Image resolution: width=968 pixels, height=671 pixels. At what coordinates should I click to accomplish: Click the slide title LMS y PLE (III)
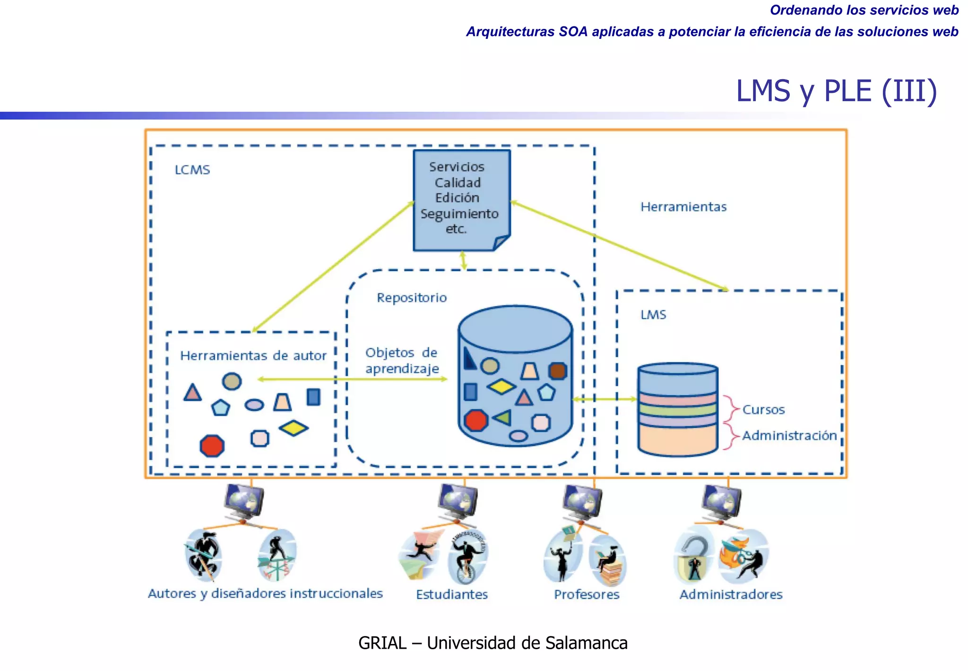coord(836,91)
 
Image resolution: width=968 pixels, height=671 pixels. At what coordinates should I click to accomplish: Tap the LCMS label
coord(192,170)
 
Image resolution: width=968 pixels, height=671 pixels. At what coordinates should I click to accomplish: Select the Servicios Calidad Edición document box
coord(461,199)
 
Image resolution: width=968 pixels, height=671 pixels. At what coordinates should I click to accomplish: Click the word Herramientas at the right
coord(683,207)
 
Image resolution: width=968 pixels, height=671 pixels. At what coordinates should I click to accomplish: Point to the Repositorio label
coord(411,298)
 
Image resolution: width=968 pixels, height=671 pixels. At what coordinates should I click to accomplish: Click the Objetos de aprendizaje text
coord(402,361)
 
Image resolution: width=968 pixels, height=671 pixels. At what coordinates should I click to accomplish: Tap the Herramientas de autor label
coord(253,355)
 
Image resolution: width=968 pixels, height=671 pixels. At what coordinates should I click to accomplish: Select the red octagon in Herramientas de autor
coord(212,446)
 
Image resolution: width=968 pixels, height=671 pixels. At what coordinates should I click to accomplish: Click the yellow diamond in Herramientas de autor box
coord(294,428)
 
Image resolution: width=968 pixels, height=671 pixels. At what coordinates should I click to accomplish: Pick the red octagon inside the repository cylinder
coord(475,420)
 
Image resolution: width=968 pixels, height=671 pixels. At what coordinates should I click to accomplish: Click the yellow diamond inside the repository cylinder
coord(501,387)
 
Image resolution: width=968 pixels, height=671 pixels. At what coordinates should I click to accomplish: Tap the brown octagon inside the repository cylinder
coord(558,371)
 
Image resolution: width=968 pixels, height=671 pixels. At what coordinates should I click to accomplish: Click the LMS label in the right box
coord(653,315)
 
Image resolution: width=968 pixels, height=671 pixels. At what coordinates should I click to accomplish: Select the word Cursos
coord(763,410)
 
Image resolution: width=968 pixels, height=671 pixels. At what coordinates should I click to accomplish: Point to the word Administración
coord(789,435)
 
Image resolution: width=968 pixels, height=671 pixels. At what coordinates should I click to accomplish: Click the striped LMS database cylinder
coord(677,409)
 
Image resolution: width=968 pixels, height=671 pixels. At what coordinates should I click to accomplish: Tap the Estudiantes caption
coord(451,594)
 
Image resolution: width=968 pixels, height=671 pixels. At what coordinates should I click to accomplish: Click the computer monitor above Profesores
coord(583,503)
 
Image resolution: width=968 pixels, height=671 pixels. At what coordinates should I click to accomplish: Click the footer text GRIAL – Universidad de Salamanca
coord(493,643)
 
